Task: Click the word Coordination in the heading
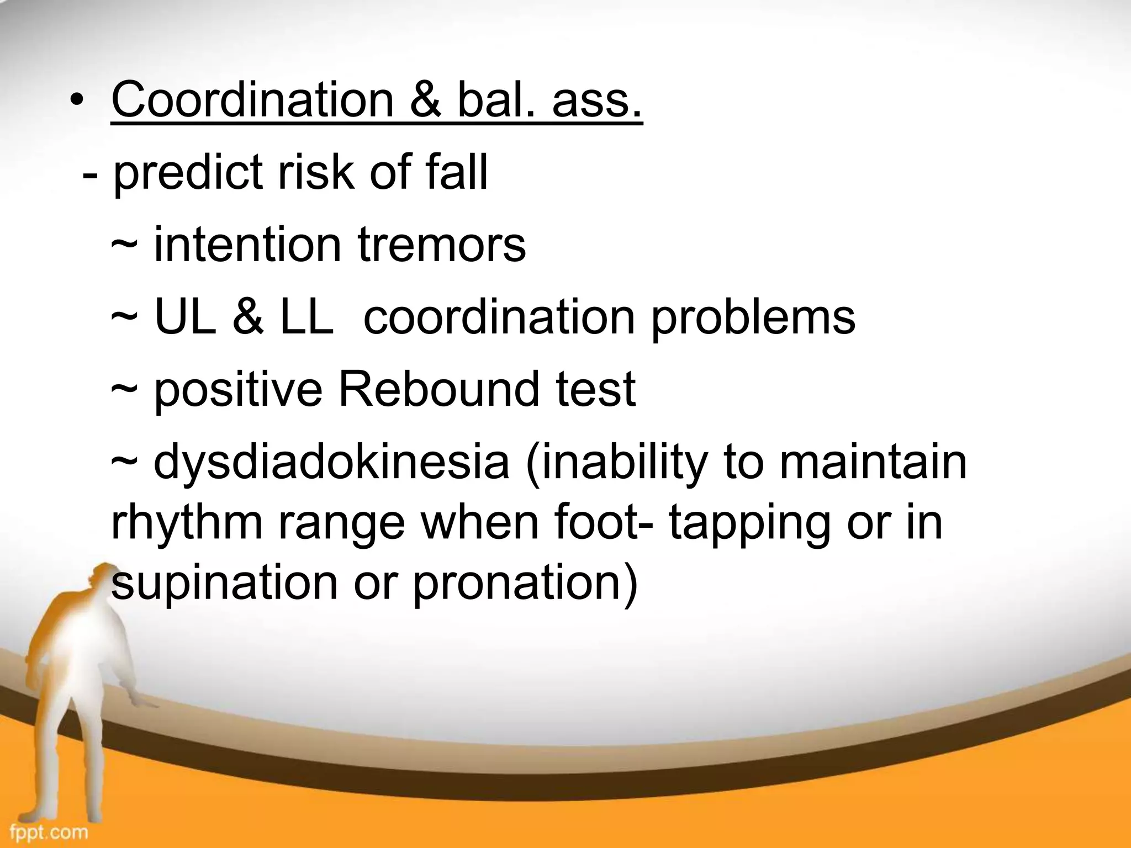click(252, 100)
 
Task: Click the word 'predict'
click(187, 173)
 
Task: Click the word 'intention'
click(247, 245)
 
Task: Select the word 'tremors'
click(442, 245)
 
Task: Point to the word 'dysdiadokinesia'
click(331, 462)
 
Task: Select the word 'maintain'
click(873, 462)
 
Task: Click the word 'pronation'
click(525, 584)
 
